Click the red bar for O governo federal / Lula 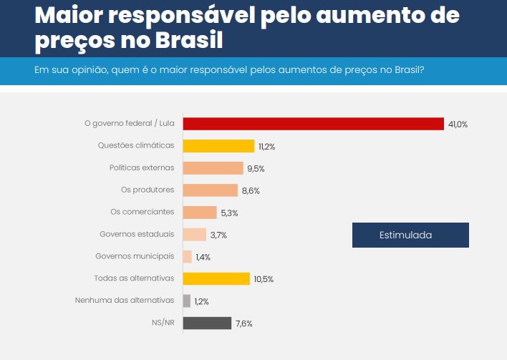click(313, 124)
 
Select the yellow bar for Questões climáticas click(218, 146)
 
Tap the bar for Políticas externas click(213, 168)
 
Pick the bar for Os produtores click(210, 190)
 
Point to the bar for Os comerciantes click(200, 213)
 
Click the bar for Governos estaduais click(194, 235)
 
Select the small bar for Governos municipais click(188, 257)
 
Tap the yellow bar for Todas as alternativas click(216, 279)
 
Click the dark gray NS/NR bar click(207, 323)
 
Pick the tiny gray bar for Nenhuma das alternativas click(187, 301)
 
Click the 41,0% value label click(458, 125)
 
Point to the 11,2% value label click(267, 147)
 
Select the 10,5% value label click(264, 279)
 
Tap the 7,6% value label click(243, 323)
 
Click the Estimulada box click(410, 235)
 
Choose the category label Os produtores click(148, 190)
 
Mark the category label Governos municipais click(135, 257)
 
